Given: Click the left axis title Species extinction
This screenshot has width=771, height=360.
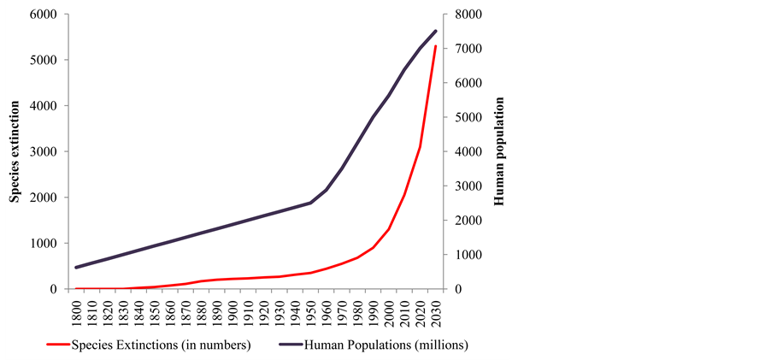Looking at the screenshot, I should coord(15,151).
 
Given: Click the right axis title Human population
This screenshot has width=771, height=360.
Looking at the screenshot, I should coord(500,151).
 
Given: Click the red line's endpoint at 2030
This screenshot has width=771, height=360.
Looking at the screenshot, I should coord(435,46).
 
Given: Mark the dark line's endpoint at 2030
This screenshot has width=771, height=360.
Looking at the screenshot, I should coord(435,32).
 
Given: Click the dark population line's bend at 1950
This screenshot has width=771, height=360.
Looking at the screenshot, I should coord(310,203).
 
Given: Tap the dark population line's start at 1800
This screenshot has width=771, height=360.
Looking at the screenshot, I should coord(76,268).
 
